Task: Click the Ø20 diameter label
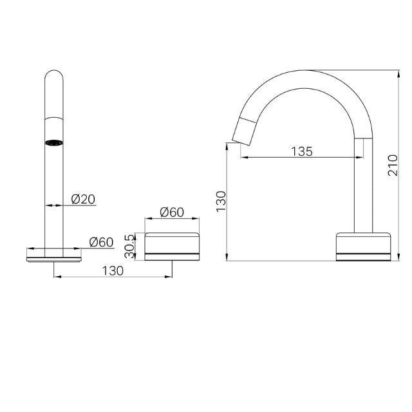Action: point(83,200)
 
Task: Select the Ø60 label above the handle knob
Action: point(172,212)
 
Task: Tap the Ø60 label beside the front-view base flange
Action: point(101,242)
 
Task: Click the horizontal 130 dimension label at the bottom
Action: point(113,271)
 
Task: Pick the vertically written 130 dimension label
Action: point(221,202)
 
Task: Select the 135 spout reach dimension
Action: point(301,151)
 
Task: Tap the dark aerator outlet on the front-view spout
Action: point(54,142)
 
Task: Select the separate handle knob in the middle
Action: point(172,246)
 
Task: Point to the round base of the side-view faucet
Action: point(363,246)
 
